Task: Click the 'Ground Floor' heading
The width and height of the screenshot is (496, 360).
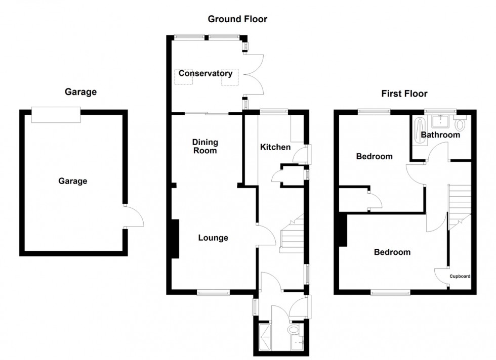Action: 237,19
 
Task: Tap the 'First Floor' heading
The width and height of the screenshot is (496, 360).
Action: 404,94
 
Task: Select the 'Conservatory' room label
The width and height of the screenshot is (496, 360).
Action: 205,74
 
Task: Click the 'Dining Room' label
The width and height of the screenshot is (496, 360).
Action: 204,146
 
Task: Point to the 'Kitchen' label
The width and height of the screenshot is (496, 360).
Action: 275,147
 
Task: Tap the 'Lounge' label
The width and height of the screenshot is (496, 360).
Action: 213,238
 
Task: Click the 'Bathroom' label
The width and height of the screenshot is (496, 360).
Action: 440,135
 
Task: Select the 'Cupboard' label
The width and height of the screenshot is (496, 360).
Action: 461,277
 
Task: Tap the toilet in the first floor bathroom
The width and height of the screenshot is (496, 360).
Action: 460,124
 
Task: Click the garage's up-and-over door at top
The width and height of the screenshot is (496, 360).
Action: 56,115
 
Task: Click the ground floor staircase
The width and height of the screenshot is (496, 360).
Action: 291,233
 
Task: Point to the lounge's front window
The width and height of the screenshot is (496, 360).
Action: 213,292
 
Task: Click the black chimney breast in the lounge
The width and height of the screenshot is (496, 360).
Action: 175,239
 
